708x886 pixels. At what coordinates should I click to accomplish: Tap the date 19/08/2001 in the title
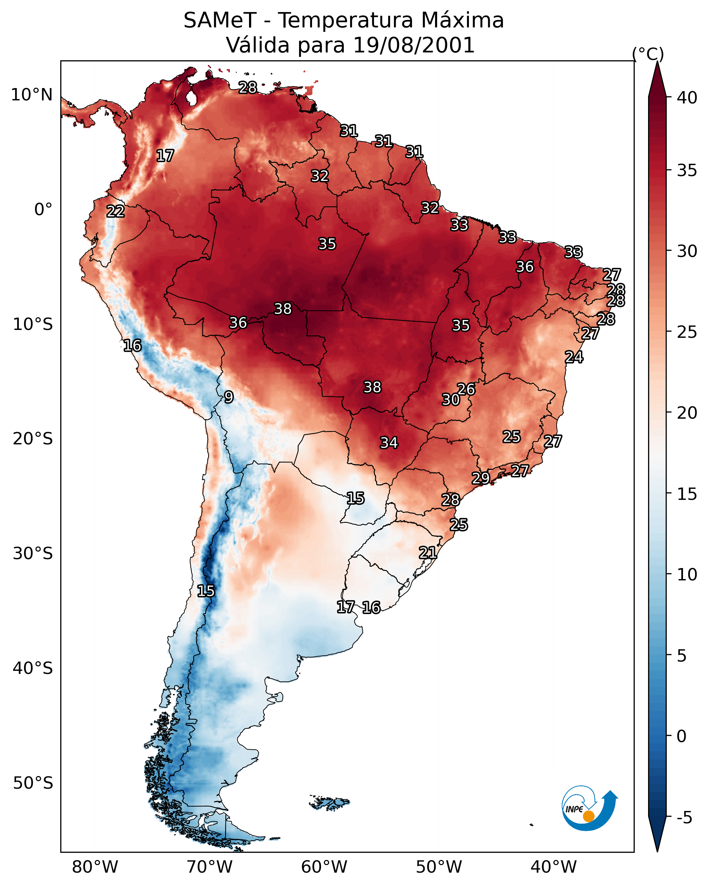coord(413,45)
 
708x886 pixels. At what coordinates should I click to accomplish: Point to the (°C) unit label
coord(648,54)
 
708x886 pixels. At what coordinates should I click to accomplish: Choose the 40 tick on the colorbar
coord(687,98)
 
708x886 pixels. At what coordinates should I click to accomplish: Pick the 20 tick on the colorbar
coord(687,413)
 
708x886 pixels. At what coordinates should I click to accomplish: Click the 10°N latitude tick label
coord(32,95)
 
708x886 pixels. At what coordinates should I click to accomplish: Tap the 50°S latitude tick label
coord(33,783)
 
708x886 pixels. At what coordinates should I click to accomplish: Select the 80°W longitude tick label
coord(95,867)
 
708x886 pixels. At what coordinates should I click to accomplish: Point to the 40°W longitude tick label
coord(554,867)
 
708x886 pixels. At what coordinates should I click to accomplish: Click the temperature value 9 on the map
coord(229,397)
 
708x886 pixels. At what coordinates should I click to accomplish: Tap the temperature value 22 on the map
coord(115,212)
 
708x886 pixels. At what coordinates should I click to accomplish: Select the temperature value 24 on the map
coord(574,357)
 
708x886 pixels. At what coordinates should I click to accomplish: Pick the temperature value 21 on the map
coord(428,553)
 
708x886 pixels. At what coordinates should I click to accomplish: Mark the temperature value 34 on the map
coord(389,443)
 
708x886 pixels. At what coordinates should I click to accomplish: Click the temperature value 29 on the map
coord(480,478)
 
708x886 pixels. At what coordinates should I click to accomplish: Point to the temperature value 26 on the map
coord(466,389)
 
